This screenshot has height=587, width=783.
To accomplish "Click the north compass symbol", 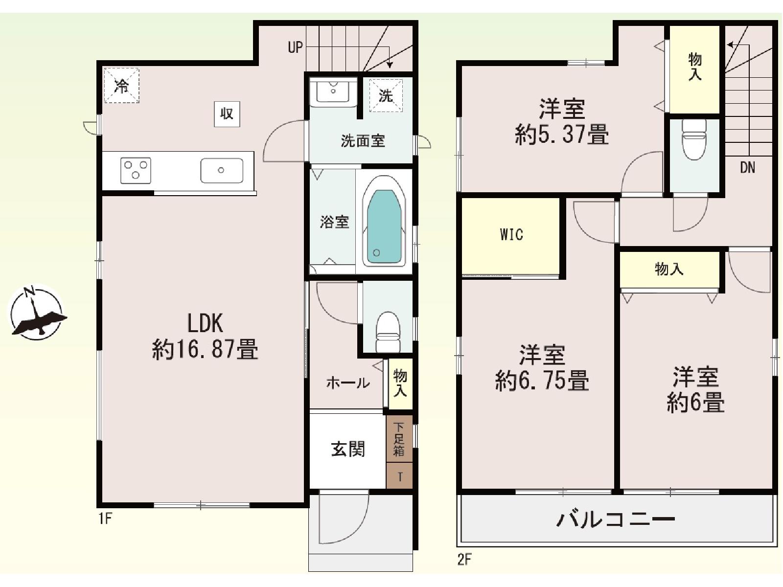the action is click(x=37, y=312).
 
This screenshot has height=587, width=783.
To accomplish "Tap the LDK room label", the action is click(x=205, y=324).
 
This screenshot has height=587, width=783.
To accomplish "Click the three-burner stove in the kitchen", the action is click(x=136, y=170).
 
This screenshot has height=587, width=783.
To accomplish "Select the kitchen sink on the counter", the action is click(x=222, y=170).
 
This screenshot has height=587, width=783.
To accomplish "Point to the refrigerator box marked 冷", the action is click(x=121, y=86).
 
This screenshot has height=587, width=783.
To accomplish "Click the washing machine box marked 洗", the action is click(x=386, y=95).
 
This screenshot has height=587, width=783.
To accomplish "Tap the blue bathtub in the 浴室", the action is click(x=384, y=226).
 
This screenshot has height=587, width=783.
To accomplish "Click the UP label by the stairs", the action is click(x=296, y=47).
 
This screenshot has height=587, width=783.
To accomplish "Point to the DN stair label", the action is click(x=747, y=167).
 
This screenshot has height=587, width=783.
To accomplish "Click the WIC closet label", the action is click(x=511, y=234).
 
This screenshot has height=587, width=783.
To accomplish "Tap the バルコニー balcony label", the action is click(x=616, y=519).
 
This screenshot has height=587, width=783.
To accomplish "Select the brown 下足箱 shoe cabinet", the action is click(x=399, y=438).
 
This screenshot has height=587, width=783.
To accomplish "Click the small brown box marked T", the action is click(x=399, y=476).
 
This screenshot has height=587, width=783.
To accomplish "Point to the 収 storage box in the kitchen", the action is click(x=227, y=114).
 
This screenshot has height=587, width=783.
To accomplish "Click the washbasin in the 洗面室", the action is click(x=333, y=92).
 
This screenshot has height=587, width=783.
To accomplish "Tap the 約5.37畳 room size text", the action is click(x=562, y=135).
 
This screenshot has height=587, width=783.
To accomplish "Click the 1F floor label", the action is click(x=105, y=519).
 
